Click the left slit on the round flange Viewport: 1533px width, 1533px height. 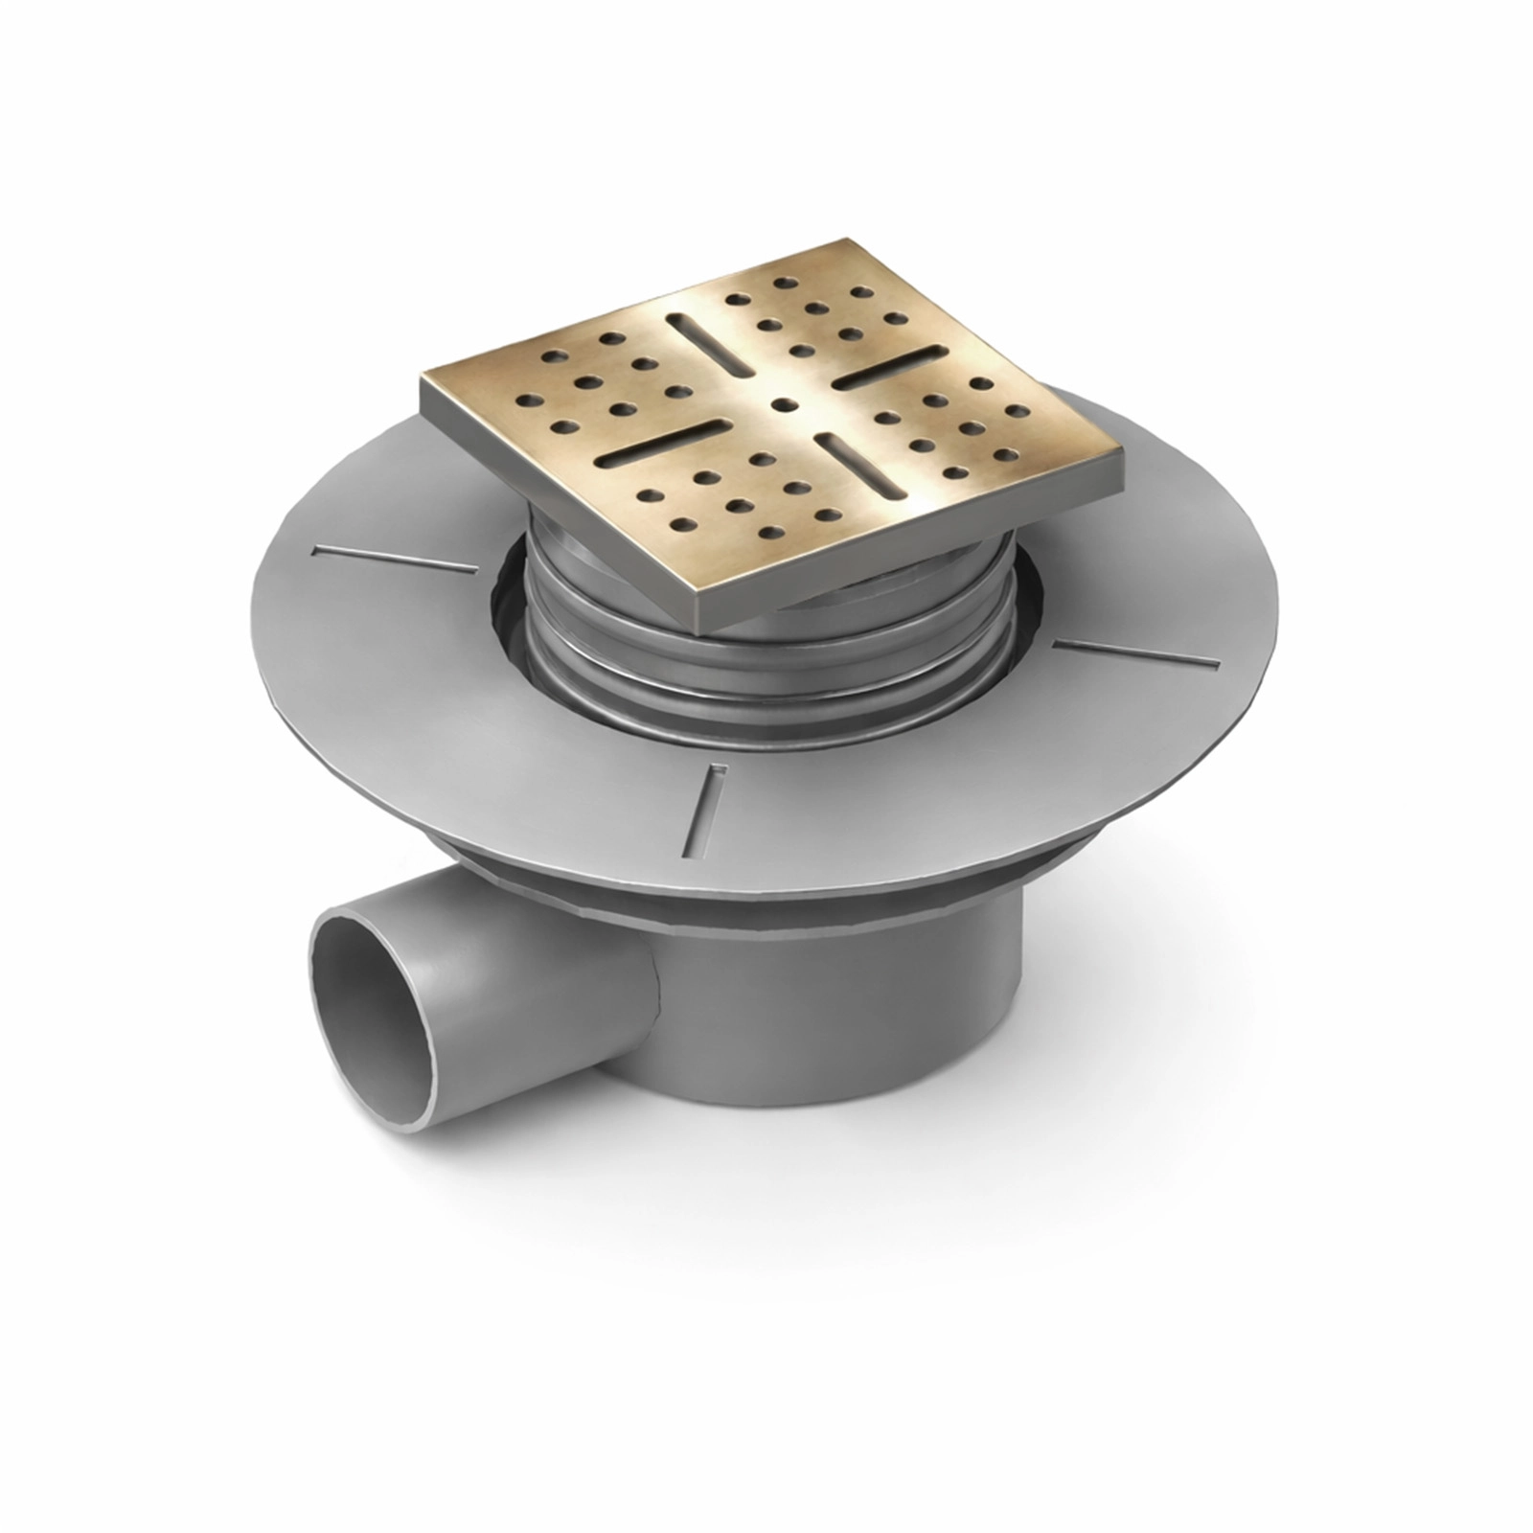[395, 560]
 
